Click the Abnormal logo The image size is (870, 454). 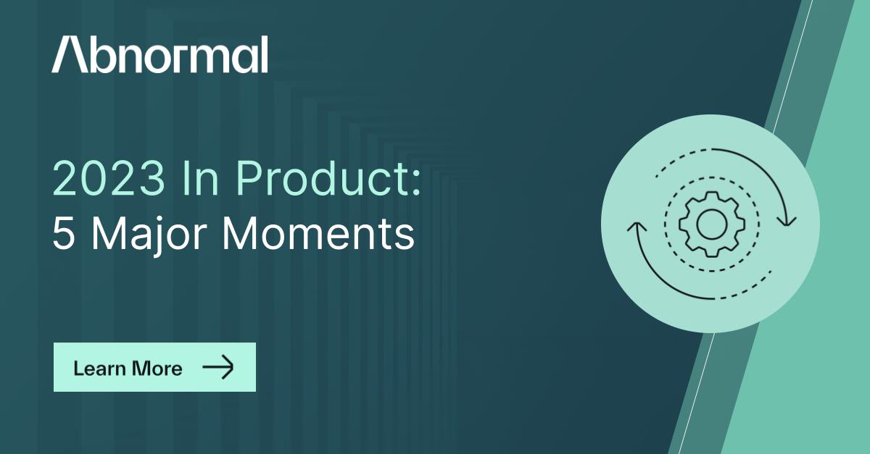(x=159, y=54)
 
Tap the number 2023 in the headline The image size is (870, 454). (x=109, y=179)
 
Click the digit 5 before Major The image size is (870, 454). (x=63, y=234)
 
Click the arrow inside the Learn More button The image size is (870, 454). (x=218, y=366)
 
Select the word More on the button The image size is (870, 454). (x=157, y=368)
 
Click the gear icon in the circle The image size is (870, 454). (x=711, y=224)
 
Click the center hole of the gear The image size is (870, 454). (x=711, y=224)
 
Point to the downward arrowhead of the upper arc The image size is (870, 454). (x=787, y=221)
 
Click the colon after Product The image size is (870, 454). (x=416, y=182)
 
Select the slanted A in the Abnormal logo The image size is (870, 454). (x=70, y=54)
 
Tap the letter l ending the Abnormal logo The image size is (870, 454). (x=265, y=54)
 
